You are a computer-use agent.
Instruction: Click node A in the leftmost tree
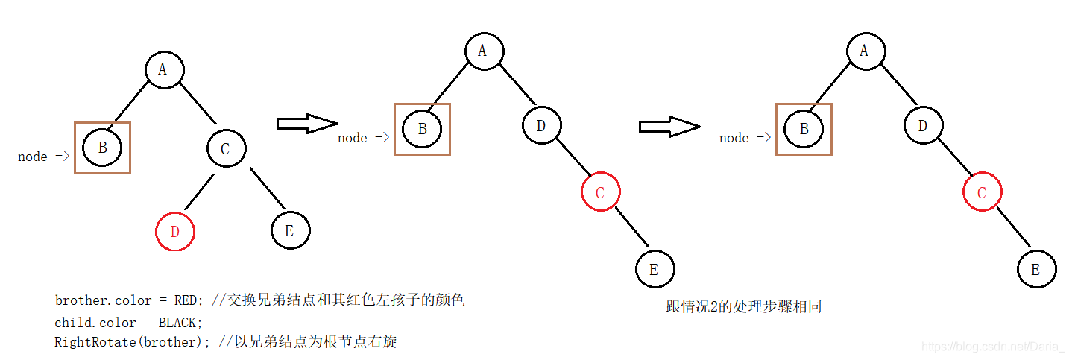[164, 70]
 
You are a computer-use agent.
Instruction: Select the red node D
[174, 231]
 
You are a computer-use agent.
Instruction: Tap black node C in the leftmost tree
[225, 149]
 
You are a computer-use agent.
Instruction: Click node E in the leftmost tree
[289, 231]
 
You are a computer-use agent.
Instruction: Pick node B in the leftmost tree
[102, 148]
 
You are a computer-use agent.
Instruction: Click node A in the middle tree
[484, 51]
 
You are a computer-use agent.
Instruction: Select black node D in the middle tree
[541, 126]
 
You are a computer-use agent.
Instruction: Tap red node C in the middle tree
[601, 193]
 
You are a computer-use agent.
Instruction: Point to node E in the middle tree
[655, 270]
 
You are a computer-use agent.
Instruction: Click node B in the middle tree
[422, 129]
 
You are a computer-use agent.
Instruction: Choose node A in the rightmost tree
[865, 51]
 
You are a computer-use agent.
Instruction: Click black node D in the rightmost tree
[923, 126]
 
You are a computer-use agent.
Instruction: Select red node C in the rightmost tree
[982, 193]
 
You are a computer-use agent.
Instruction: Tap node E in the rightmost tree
[1036, 270]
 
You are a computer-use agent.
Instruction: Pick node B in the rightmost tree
[804, 129]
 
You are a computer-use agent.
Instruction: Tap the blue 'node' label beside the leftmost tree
[33, 157]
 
